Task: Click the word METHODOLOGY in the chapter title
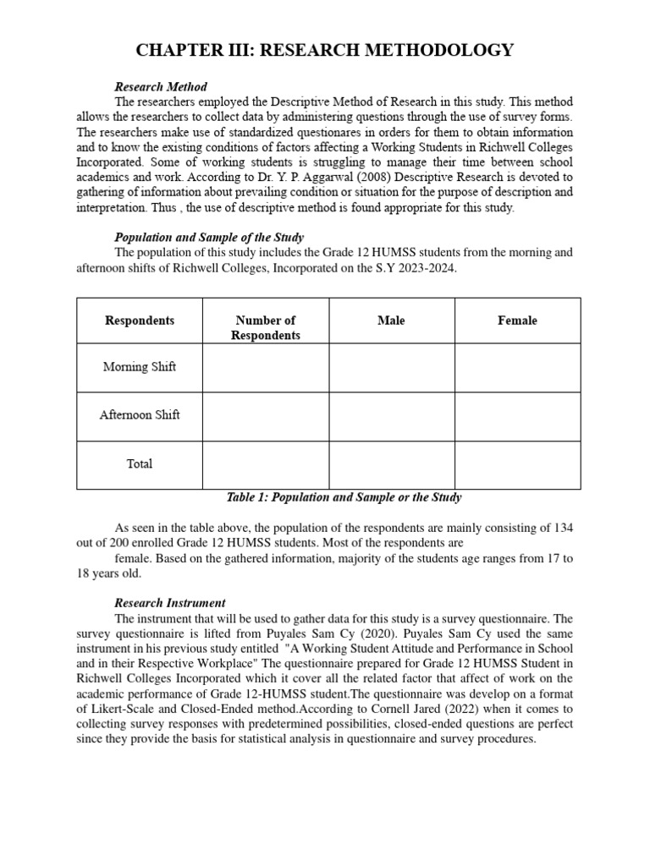click(432, 51)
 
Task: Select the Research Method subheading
click(161, 87)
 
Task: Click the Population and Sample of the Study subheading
click(209, 237)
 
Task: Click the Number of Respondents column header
click(265, 327)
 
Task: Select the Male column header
click(391, 321)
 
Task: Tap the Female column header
click(517, 321)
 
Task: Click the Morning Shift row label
click(140, 367)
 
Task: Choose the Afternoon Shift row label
click(140, 415)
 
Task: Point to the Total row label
click(140, 463)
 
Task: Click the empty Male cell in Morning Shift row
click(391, 367)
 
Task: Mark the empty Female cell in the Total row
click(517, 464)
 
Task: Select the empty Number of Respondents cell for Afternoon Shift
click(265, 415)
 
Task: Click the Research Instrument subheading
click(169, 603)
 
